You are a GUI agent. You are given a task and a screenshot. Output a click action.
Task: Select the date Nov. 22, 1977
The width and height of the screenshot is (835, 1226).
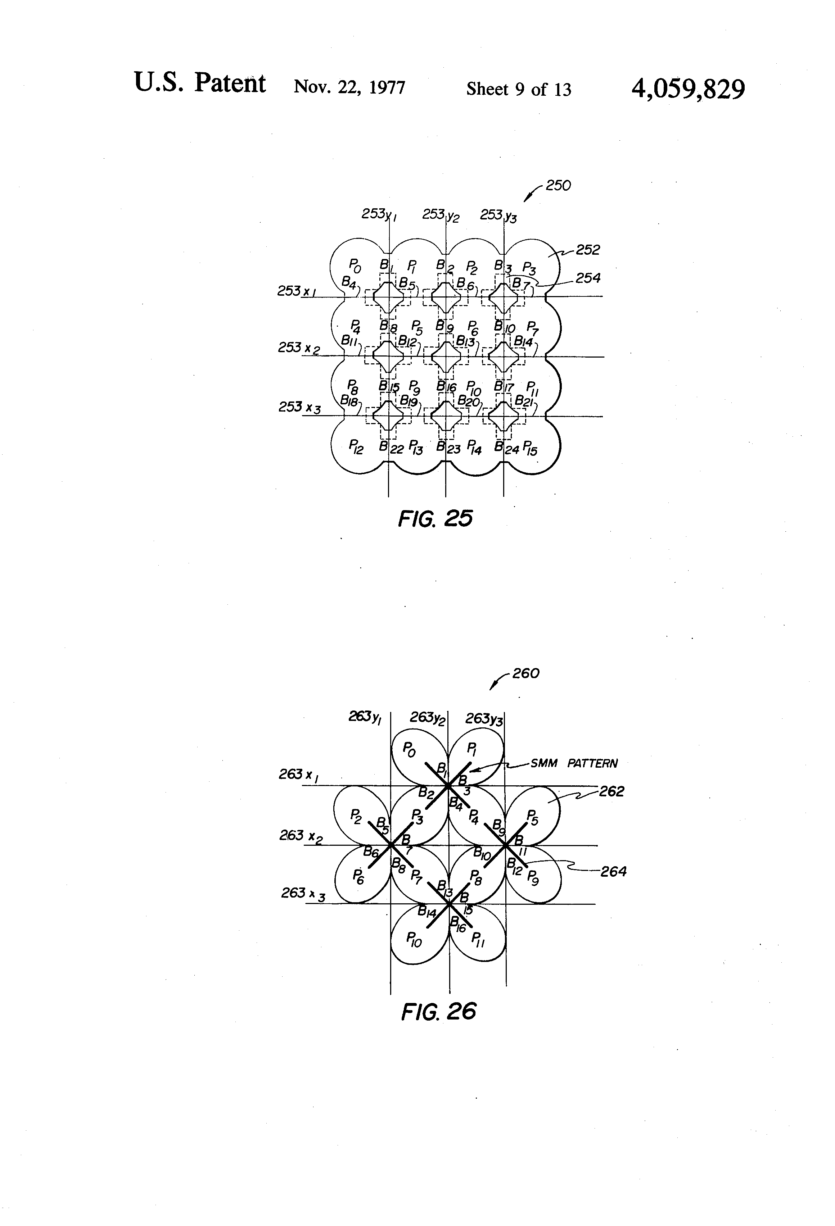(x=349, y=86)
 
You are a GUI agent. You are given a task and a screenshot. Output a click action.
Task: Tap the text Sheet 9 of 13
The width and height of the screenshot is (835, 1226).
(x=518, y=89)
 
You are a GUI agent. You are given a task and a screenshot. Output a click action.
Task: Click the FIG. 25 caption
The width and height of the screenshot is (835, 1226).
(x=435, y=519)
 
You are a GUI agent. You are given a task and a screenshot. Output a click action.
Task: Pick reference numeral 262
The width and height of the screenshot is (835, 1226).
(x=611, y=791)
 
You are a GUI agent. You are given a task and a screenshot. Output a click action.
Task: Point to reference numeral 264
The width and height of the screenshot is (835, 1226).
(x=613, y=872)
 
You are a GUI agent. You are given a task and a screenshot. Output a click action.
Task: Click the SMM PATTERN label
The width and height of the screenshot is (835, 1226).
(x=573, y=763)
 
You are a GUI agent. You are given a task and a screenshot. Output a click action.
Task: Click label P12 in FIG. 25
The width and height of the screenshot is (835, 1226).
(x=356, y=448)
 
